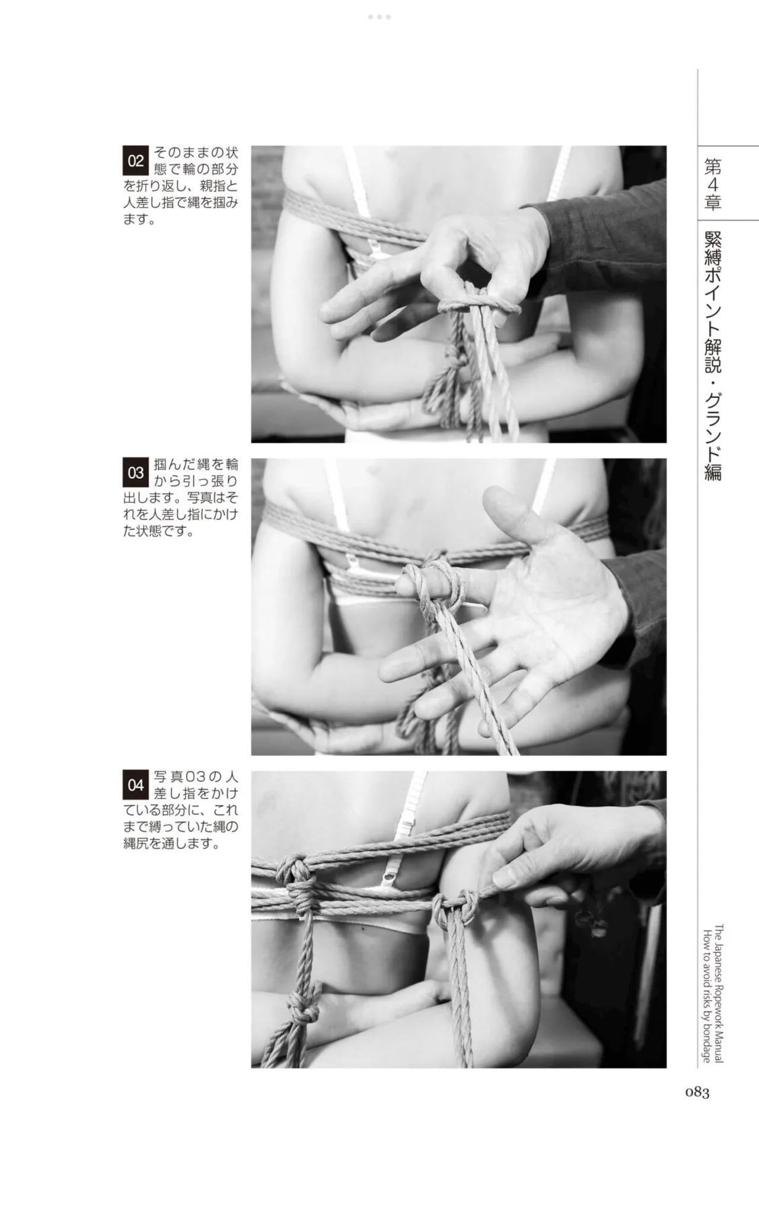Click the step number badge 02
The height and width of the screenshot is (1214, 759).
click(135, 161)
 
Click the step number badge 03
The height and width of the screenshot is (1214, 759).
click(135, 472)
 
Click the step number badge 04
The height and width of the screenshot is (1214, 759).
click(135, 785)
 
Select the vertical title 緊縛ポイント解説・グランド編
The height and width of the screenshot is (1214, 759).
click(713, 355)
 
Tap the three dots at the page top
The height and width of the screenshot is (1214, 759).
click(379, 17)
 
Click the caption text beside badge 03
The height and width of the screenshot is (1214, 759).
click(181, 497)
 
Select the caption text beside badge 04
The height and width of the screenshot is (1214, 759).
click(181, 810)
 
